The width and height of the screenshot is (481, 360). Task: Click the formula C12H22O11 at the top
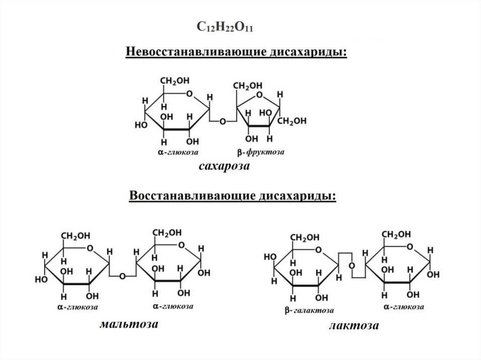pos(225,27)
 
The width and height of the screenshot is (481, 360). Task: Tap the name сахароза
pos(224,167)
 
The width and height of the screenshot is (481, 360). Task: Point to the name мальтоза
pos(128,324)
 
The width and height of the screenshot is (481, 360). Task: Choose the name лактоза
pos(353,325)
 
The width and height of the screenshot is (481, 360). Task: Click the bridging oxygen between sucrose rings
pos(223,121)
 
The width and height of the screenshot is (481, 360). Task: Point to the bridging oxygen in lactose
pos(351,266)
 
